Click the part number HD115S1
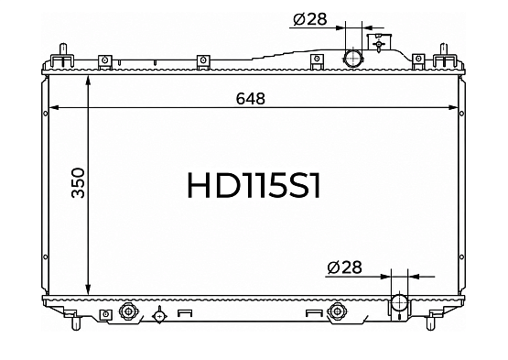click(x=254, y=185)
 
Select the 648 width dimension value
click(x=251, y=99)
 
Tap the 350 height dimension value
click(x=79, y=183)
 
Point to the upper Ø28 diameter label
click(x=309, y=19)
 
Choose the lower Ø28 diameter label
click(x=344, y=267)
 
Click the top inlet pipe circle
click(x=352, y=59)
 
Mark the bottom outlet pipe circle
click(x=399, y=303)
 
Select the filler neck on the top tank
click(x=379, y=41)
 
